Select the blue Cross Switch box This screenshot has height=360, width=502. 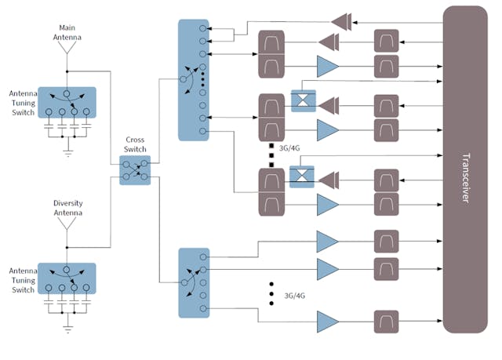coord(134,169)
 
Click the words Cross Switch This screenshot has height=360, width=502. coord(134,144)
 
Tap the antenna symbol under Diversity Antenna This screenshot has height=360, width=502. coord(67,226)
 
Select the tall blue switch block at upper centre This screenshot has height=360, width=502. coord(193,80)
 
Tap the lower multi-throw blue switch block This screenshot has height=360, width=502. coord(193,282)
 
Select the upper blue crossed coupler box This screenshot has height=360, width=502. coord(302,100)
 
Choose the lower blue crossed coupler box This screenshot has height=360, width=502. coord(302,176)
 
